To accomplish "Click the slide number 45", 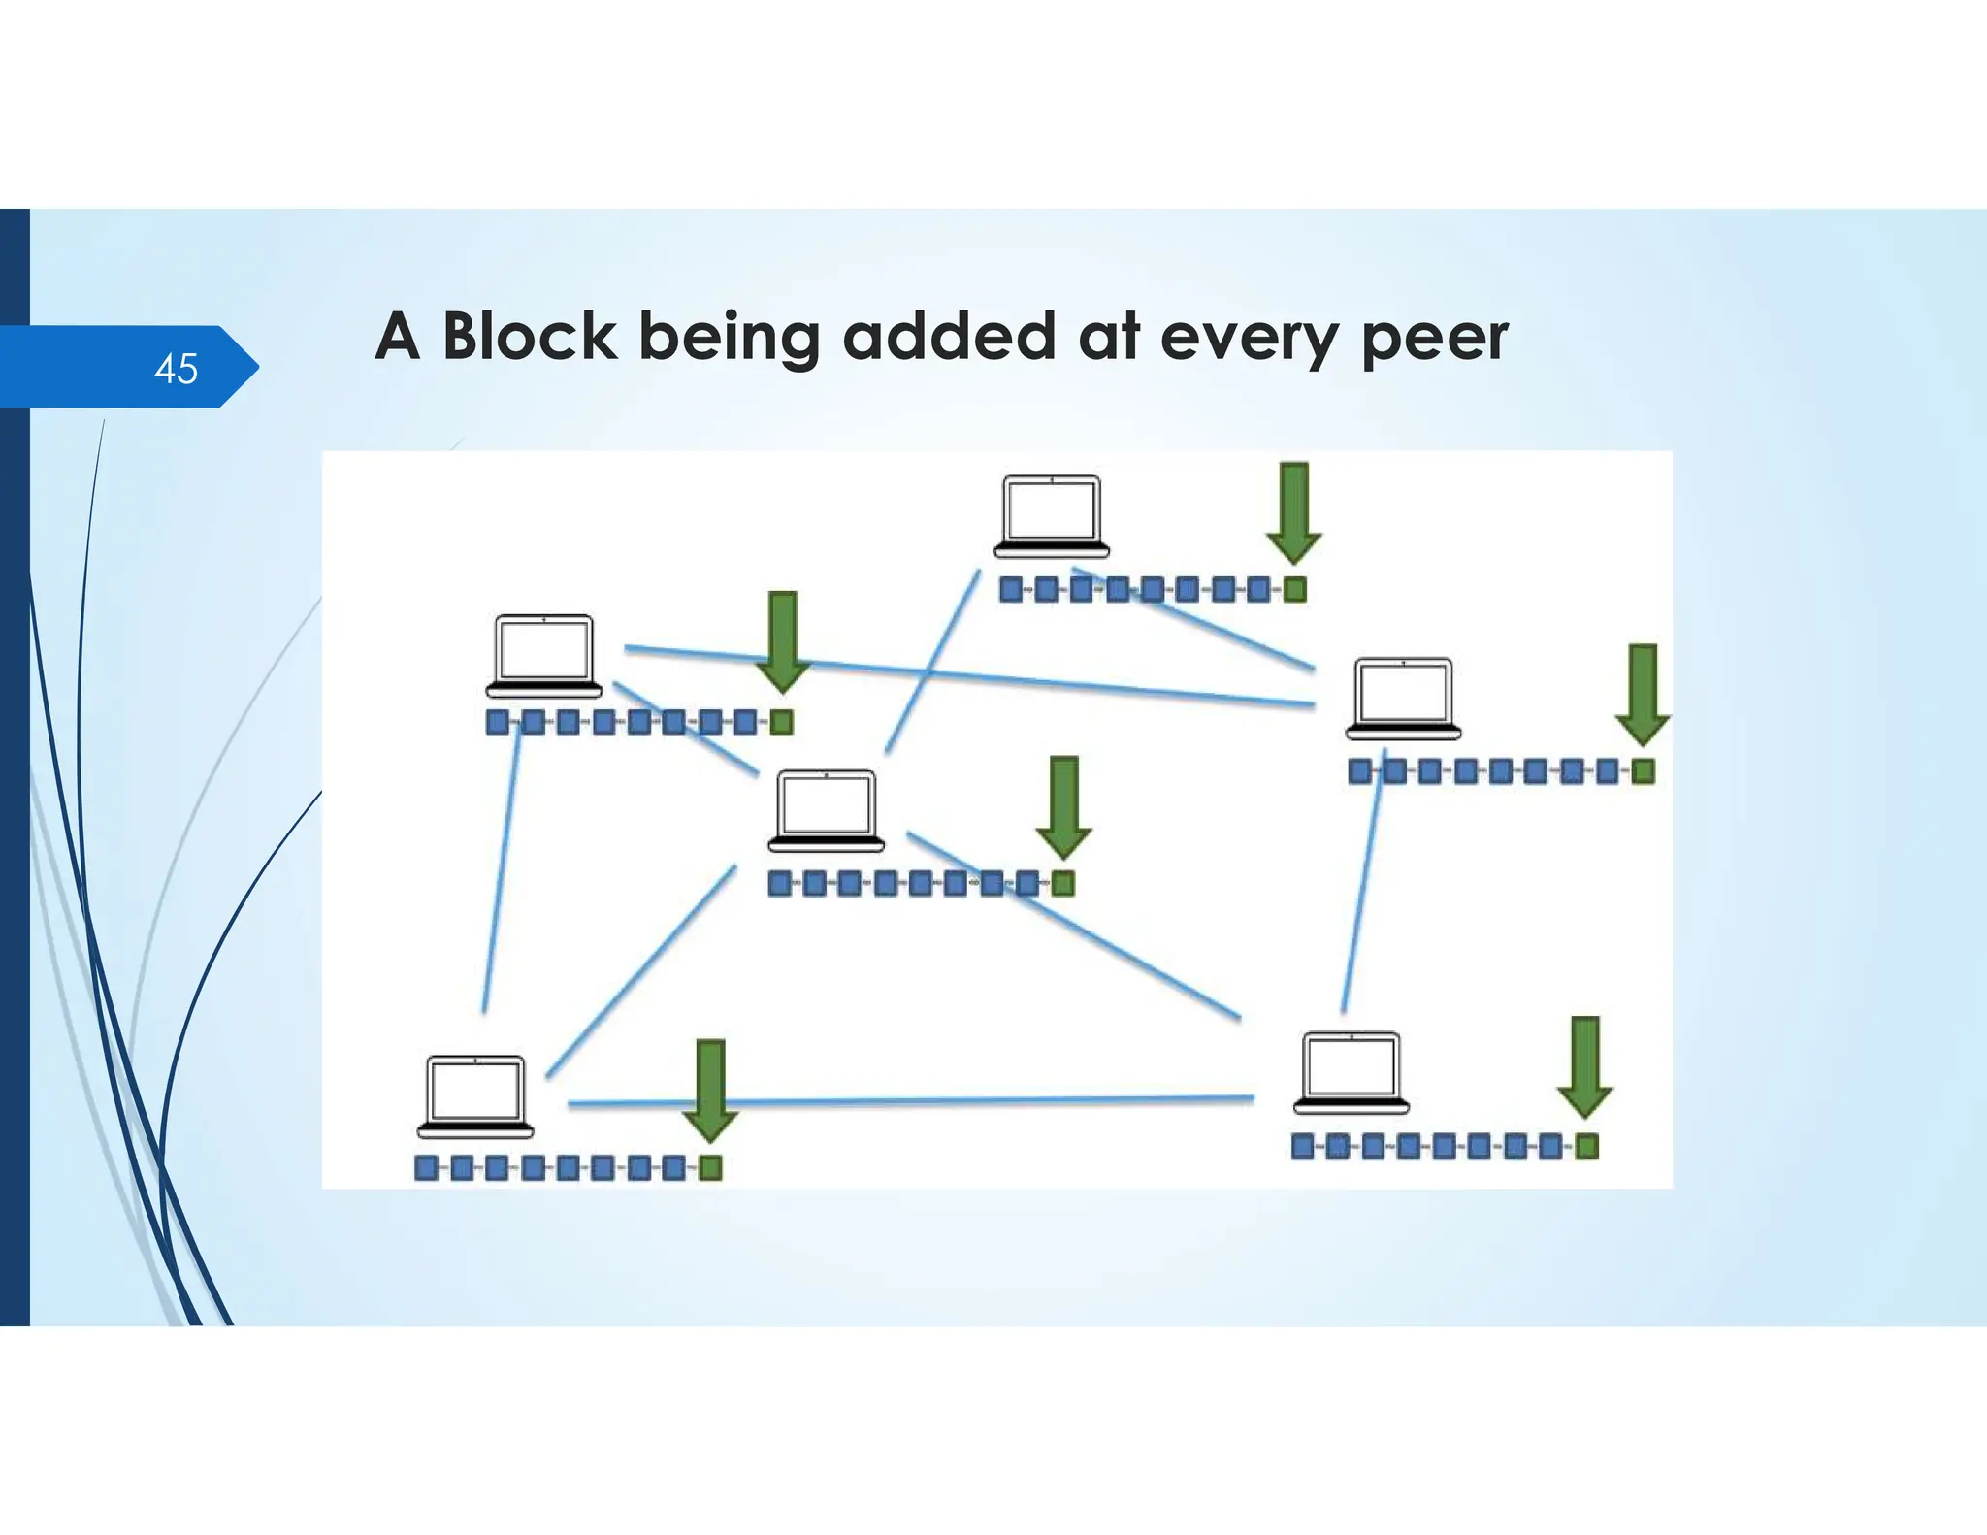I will click(x=176, y=369).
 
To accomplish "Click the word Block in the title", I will click(x=529, y=337).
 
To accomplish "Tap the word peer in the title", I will click(x=1434, y=339).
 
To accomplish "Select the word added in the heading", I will click(x=948, y=337).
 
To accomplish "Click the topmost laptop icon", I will click(x=1052, y=515).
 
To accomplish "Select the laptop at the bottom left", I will click(x=475, y=1096).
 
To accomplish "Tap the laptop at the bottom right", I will click(x=1352, y=1072).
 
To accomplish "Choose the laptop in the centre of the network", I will click(x=827, y=811).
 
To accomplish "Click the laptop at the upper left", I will click(x=543, y=655).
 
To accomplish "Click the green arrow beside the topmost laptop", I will click(x=1294, y=512).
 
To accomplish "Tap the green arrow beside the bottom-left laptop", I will click(x=711, y=1090).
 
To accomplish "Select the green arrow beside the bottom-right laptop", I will click(x=1585, y=1067).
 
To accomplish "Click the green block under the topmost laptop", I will click(x=1295, y=590).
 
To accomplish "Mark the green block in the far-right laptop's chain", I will click(x=1643, y=772).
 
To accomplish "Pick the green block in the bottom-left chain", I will click(x=710, y=1168).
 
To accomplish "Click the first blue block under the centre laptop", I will click(x=780, y=884).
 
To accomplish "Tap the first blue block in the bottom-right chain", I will click(x=1303, y=1148).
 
